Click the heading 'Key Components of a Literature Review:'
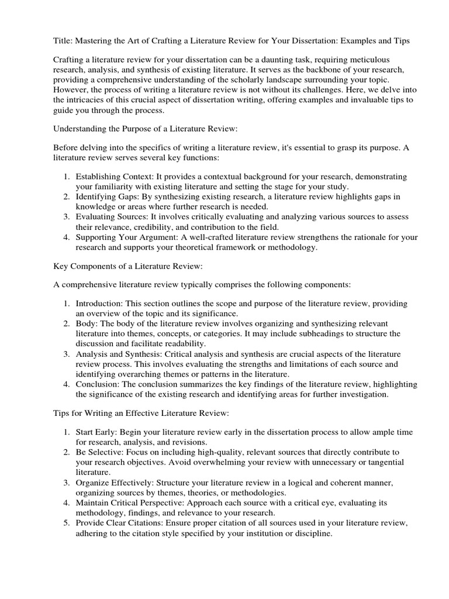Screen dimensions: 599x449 pyautogui.click(x=128, y=267)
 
